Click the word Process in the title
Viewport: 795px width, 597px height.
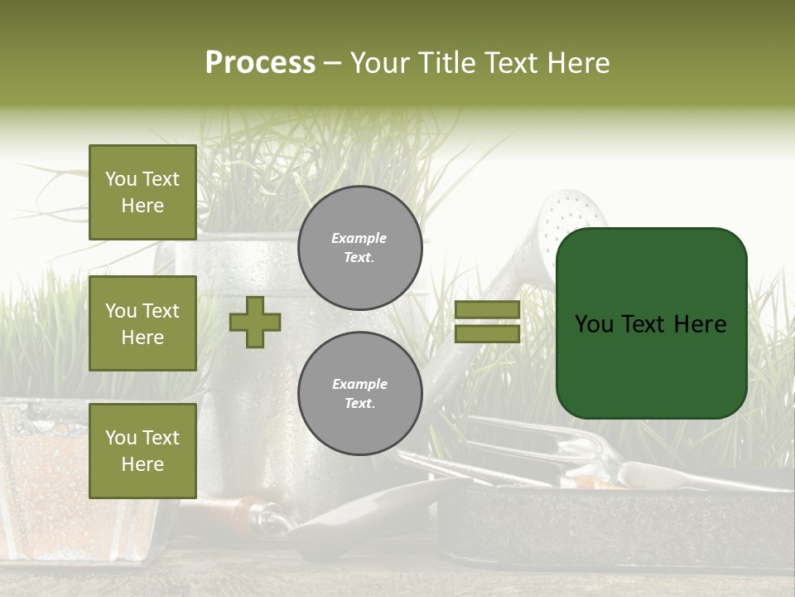pyautogui.click(x=260, y=63)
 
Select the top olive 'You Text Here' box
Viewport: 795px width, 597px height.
pyautogui.click(x=142, y=192)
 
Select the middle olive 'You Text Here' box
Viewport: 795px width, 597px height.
pyautogui.click(x=142, y=323)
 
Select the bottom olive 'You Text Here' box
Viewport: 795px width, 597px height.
pyautogui.click(x=142, y=451)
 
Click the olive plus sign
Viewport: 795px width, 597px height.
pyautogui.click(x=255, y=322)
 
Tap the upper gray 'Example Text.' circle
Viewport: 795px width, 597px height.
pyautogui.click(x=359, y=248)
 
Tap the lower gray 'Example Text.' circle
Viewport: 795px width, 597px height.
pyautogui.click(x=359, y=394)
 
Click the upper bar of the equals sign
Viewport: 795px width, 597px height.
pyautogui.click(x=487, y=310)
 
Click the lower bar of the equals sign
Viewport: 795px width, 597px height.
pyautogui.click(x=487, y=334)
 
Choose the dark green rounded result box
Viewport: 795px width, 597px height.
pyautogui.click(x=651, y=323)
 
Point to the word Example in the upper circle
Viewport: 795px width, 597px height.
pyautogui.click(x=359, y=239)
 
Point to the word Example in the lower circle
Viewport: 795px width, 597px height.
pyautogui.click(x=359, y=385)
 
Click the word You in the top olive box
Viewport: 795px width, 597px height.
pyautogui.click(x=121, y=179)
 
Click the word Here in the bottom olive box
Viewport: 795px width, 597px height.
pyautogui.click(x=142, y=464)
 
